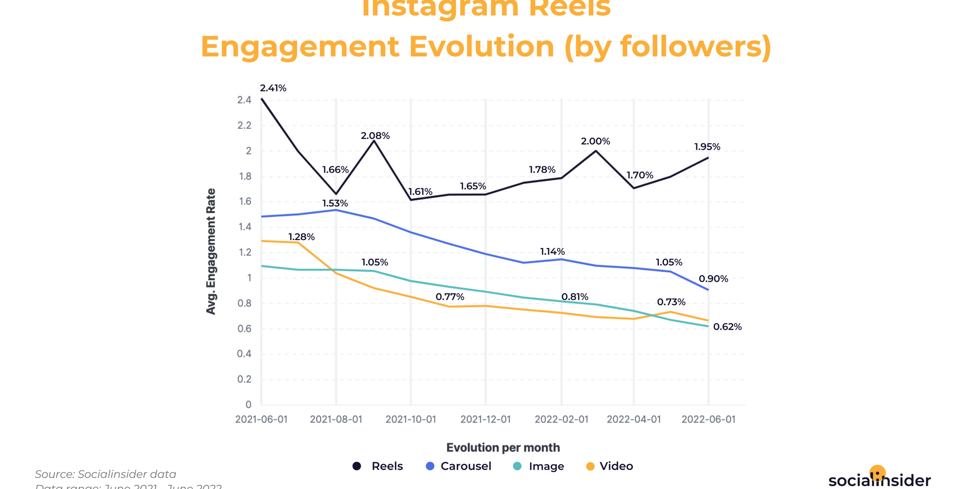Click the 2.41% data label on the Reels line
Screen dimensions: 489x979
pos(273,89)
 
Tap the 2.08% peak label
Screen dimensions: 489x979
pos(375,136)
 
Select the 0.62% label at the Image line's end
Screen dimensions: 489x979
pos(727,327)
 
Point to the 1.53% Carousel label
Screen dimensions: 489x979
pos(335,203)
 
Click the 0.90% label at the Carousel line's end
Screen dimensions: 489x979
pos(713,279)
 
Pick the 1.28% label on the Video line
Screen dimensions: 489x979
pos(301,237)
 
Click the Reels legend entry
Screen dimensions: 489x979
pos(378,466)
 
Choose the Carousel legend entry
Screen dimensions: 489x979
pos(459,466)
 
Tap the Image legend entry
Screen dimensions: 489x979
pos(538,466)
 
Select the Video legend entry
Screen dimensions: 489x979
pos(609,466)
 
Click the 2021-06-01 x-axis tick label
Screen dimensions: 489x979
pos(261,420)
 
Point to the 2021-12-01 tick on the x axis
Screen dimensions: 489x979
pos(486,420)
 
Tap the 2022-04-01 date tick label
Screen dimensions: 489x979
pos(634,420)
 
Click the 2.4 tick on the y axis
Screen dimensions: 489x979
pos(244,100)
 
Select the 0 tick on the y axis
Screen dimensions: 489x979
pos(248,404)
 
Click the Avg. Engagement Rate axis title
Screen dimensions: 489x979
pos(211,251)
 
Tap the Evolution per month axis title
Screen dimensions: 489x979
pos(503,447)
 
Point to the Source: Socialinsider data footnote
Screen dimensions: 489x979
pos(105,474)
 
